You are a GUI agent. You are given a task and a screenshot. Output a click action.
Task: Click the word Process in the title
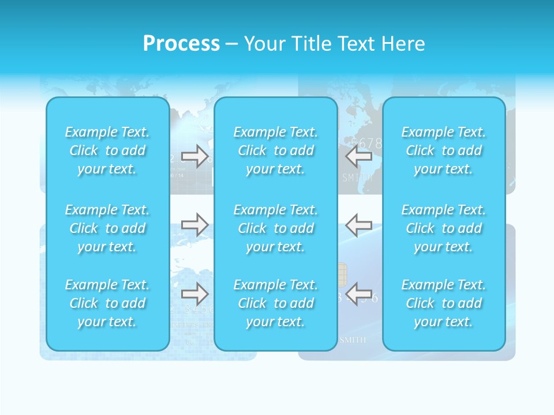click(181, 44)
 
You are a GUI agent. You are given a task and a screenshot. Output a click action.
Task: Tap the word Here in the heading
click(402, 44)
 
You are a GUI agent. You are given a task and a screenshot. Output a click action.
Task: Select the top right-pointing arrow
click(194, 156)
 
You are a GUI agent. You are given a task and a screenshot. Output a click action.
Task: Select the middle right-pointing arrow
click(194, 225)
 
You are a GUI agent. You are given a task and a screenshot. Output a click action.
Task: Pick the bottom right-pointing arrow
click(194, 294)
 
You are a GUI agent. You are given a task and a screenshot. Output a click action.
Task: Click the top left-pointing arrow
click(359, 156)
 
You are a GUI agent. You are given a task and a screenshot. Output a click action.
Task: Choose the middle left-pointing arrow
click(359, 225)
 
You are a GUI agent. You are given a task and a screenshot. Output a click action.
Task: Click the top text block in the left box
click(107, 150)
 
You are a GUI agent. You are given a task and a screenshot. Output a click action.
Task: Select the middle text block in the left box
click(107, 228)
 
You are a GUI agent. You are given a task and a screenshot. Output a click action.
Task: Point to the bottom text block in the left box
click(107, 303)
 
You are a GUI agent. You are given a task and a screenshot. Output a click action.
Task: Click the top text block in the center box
click(276, 150)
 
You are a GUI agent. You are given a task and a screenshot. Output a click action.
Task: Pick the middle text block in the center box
click(276, 228)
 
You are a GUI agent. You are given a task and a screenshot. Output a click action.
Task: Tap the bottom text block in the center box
click(276, 303)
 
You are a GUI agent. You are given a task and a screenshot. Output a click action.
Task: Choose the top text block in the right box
click(444, 150)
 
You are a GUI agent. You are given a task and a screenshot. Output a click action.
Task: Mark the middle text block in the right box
click(444, 228)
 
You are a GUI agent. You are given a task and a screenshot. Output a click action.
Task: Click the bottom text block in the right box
click(444, 303)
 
